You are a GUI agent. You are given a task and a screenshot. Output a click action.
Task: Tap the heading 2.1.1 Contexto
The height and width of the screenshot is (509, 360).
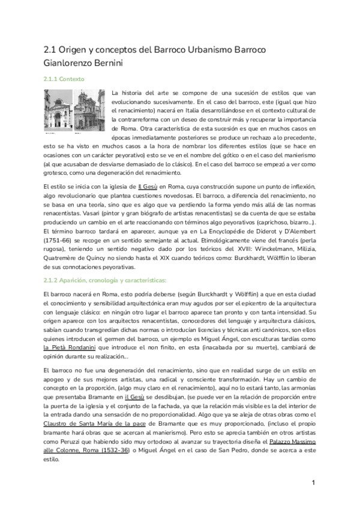click(x=65, y=79)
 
